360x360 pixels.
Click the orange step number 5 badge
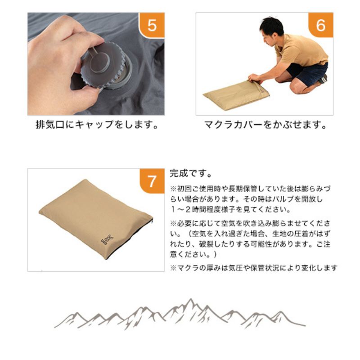[152, 25]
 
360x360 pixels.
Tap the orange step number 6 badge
[320, 25]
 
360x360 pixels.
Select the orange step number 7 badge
[152, 181]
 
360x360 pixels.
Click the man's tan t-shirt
[301, 50]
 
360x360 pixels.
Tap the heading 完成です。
[191, 174]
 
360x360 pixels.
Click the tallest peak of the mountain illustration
[190, 299]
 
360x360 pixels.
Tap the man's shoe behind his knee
[323, 79]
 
